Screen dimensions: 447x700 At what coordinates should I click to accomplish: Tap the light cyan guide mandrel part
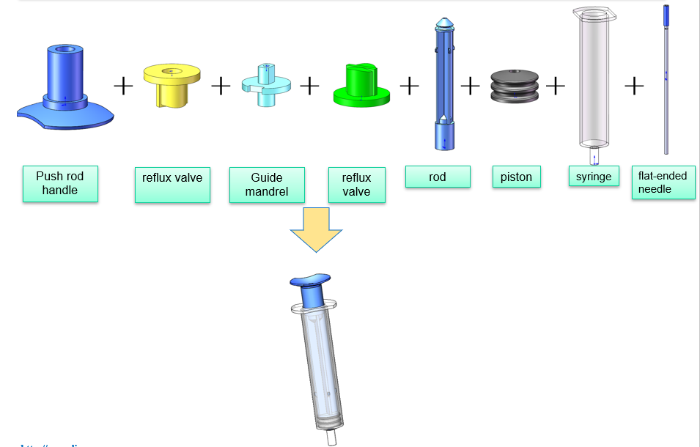coord(265,84)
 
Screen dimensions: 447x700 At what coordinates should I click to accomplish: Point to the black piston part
coord(515,84)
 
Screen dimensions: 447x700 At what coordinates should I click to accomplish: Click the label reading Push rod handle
coord(60,183)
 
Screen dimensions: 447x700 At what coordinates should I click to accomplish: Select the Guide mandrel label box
coord(266,185)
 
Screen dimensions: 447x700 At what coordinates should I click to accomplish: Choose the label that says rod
coord(438,177)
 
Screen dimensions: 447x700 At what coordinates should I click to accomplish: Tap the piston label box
coord(516,177)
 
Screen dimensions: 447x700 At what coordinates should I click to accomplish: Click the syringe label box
coord(593,176)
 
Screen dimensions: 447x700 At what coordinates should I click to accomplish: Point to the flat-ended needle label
coord(663,182)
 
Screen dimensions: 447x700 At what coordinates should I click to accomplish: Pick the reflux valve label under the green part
coord(356,185)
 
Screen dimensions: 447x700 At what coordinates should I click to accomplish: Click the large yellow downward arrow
coord(316,229)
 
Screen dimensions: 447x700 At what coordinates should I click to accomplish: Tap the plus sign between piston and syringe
coord(556,86)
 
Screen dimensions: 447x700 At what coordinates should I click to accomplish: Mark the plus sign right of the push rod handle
coord(124,86)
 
